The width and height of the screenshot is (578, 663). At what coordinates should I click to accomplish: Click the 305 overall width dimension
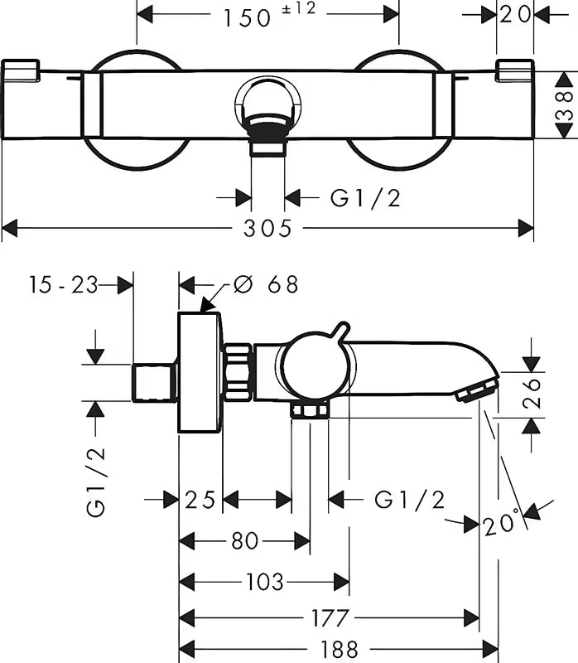tap(267, 228)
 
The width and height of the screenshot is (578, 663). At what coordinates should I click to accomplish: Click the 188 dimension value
tap(338, 648)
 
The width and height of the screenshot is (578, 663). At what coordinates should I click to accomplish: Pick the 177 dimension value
tap(329, 617)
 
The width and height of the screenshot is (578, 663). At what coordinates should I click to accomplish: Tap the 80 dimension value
tap(244, 541)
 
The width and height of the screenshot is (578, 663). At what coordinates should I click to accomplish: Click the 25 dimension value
tap(200, 500)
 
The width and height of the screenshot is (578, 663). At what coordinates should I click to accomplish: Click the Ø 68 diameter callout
tap(266, 284)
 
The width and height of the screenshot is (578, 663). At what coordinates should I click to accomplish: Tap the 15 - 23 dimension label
tap(63, 284)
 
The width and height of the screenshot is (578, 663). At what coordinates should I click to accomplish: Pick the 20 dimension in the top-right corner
tap(515, 16)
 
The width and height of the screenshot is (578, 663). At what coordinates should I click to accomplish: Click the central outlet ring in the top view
tap(267, 105)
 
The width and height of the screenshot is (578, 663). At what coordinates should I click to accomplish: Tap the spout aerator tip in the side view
tap(479, 389)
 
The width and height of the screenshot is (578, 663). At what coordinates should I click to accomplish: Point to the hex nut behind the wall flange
tap(238, 370)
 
